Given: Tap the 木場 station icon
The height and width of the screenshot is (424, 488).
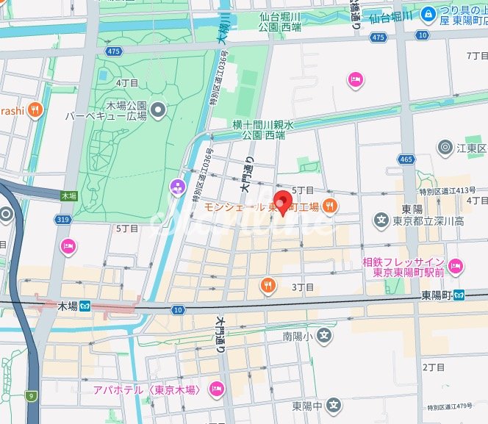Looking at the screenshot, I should click(85, 306).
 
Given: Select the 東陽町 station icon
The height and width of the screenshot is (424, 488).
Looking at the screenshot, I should click(458, 295).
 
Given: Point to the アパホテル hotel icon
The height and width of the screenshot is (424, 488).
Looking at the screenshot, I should click(216, 388).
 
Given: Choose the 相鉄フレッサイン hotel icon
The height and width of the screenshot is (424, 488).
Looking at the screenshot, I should click(456, 267).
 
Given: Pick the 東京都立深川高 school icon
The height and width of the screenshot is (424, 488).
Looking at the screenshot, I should click(381, 220).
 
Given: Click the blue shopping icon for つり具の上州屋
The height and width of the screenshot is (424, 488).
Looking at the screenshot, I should click(428, 12).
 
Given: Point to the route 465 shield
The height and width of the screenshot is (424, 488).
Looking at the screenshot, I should click(405, 159).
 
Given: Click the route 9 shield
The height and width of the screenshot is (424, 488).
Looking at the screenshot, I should click(31, 397).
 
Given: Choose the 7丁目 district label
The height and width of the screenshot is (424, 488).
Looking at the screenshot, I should click(477, 56).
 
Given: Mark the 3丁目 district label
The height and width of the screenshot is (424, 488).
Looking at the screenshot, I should click(303, 287).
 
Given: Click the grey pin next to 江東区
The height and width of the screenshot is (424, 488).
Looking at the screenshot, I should click(445, 148).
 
